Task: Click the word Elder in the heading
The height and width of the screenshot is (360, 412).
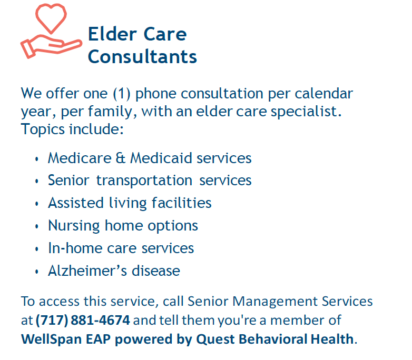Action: click(x=112, y=34)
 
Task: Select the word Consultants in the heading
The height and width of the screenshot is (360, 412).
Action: click(x=142, y=56)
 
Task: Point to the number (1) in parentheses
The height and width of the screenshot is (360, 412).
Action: click(x=122, y=94)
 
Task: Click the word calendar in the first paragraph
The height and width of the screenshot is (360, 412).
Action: click(x=323, y=93)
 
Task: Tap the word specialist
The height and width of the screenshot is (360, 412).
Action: click(x=306, y=112)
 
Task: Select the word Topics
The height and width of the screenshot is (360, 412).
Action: click(x=43, y=129)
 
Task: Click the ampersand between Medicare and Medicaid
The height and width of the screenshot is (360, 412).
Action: click(x=120, y=158)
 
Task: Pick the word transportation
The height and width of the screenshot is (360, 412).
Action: click(x=144, y=181)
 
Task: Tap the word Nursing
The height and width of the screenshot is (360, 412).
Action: click(x=74, y=226)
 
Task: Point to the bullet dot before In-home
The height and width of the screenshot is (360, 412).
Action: click(x=37, y=249)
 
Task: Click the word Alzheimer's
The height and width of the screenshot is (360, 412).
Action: click(x=88, y=271)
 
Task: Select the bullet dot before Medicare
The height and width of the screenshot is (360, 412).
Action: click(x=37, y=158)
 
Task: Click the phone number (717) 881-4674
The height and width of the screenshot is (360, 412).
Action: click(x=83, y=320)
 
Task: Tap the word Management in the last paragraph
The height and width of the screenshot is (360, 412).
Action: click(x=275, y=302)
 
